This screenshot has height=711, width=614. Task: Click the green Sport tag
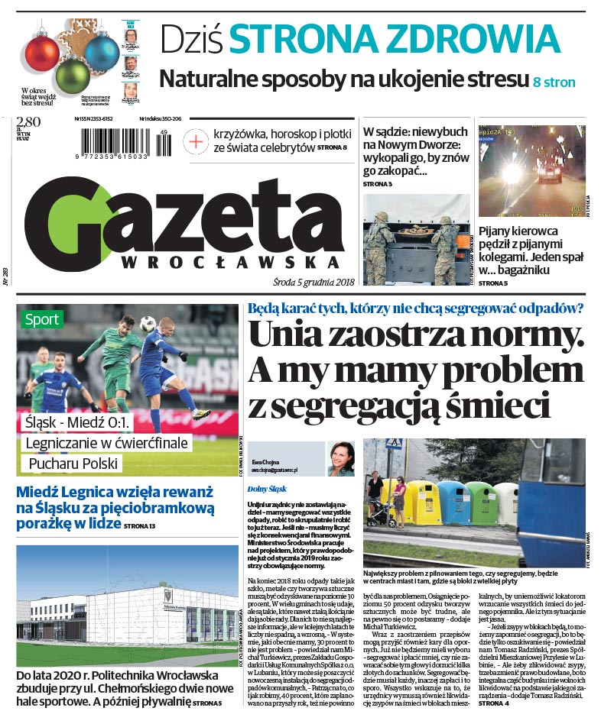click(x=41, y=319)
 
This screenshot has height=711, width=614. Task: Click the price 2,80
click(x=28, y=122)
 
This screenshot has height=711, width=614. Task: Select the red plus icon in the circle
click(x=197, y=141)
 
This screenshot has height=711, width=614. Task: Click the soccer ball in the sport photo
click(x=148, y=324)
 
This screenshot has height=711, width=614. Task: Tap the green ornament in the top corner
click(x=73, y=76)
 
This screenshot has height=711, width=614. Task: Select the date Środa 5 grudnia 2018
click(x=305, y=282)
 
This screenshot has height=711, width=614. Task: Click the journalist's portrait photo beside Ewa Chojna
click(x=341, y=459)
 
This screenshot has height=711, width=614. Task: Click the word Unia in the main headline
click(x=297, y=334)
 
